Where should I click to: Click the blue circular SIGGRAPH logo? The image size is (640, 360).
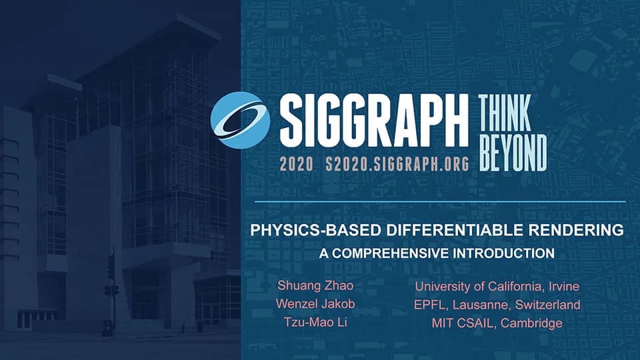pyautogui.click(x=240, y=120)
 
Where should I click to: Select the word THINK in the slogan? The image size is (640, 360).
pyautogui.click(x=505, y=113)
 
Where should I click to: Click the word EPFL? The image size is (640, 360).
pyautogui.click(x=429, y=305)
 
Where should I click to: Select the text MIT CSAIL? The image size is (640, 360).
pyautogui.click(x=455, y=323)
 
